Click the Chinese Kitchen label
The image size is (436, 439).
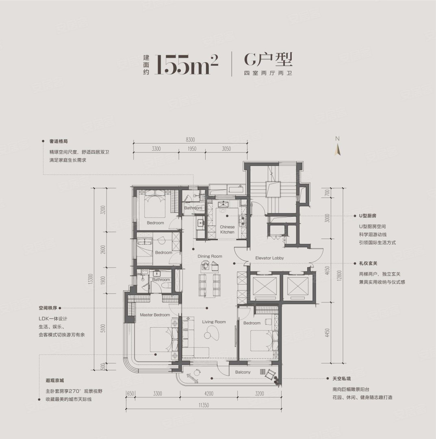coord(227,230)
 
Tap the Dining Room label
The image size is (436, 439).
coord(210,256)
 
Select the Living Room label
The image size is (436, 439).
coord(214,322)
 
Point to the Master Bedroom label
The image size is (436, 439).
coord(155,315)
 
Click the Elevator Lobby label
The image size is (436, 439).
coord(269,258)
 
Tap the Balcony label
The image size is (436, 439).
coord(243,372)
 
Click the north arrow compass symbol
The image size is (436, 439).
coord(338,147)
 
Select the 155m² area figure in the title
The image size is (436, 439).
coord(187,64)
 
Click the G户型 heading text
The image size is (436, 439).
coord(268,59)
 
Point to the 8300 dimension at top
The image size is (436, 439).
coord(190,140)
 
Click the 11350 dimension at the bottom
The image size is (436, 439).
coord(204,405)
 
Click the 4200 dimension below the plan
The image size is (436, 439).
coord(209,393)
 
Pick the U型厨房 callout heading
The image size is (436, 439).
coord(368,216)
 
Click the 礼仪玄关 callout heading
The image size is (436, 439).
coord(368,263)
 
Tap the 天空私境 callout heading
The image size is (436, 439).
coord(342,378)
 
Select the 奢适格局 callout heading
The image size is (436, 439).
coord(59,141)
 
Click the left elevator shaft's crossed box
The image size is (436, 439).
coord(265,287)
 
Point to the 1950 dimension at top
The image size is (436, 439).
coord(192,149)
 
